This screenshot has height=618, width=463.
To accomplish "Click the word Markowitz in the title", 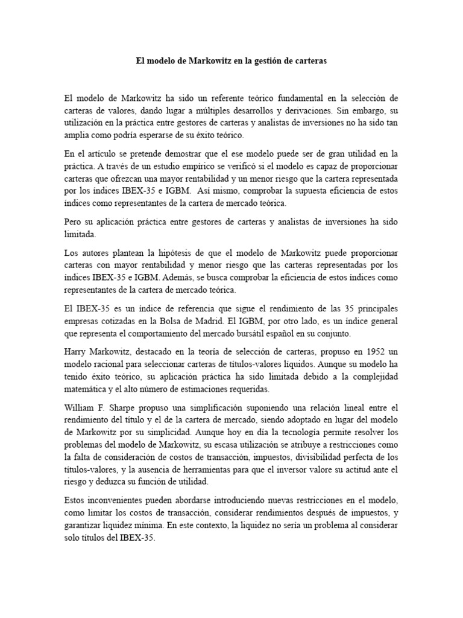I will coord(213,62).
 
